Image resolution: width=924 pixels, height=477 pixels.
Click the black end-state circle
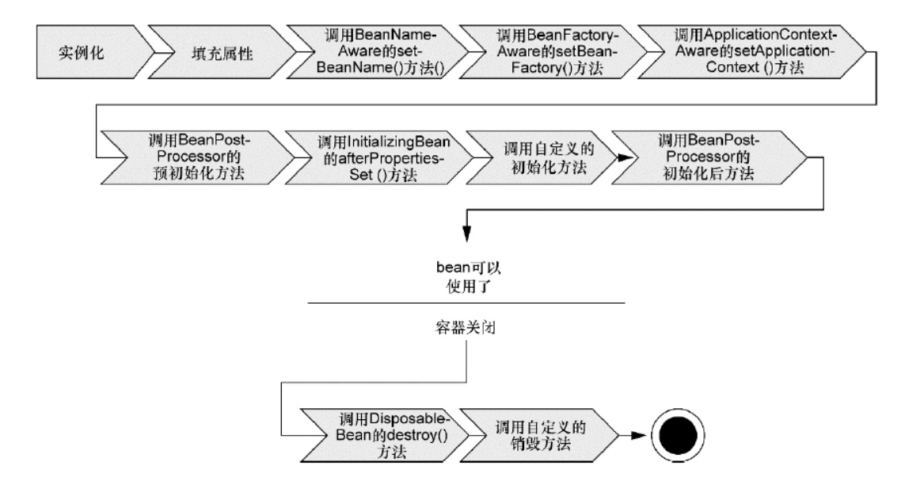tap(675, 434)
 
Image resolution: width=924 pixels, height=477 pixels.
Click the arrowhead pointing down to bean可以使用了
tap(466, 235)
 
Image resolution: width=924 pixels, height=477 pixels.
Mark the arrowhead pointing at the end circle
tap(640, 434)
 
